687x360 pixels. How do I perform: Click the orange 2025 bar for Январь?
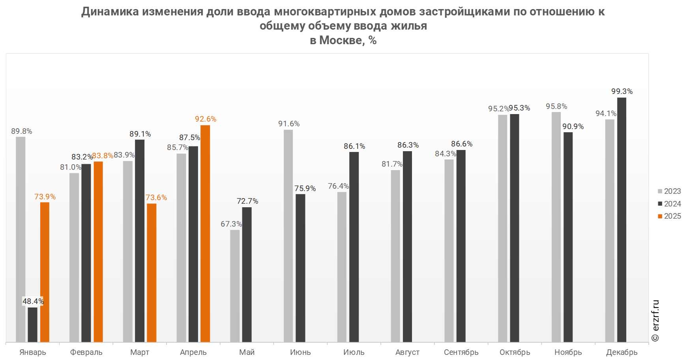click(x=45, y=272)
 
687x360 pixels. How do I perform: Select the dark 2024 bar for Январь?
click(x=33, y=324)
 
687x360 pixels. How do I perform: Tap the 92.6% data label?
click(x=206, y=119)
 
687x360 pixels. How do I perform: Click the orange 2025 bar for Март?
click(x=152, y=272)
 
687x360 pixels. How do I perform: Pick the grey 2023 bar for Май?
click(x=235, y=286)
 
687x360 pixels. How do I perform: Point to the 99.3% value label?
click(x=622, y=91)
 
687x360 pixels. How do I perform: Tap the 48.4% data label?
click(x=33, y=301)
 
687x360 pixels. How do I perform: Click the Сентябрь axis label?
click(x=461, y=352)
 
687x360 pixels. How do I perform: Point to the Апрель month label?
click(x=193, y=352)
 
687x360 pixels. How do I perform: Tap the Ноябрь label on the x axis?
click(x=568, y=352)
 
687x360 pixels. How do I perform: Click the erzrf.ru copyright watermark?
click(x=655, y=321)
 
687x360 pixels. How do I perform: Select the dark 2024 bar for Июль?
click(x=354, y=247)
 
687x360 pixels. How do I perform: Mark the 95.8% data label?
click(x=556, y=106)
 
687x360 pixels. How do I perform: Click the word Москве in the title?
click(x=341, y=40)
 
